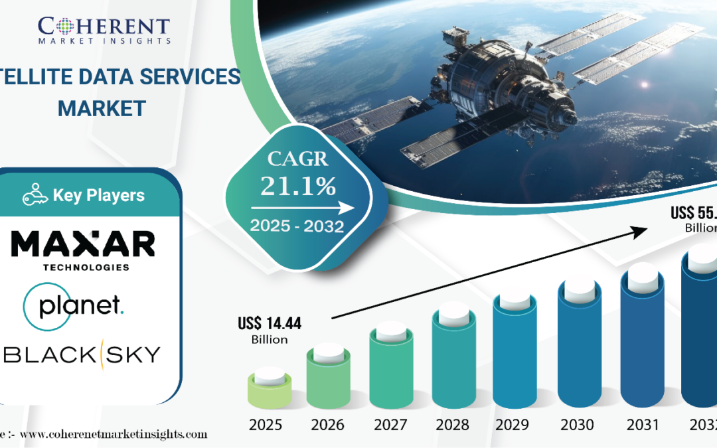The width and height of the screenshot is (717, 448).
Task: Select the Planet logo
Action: pos(73,305)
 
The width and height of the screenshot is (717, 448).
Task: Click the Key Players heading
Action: pos(98,196)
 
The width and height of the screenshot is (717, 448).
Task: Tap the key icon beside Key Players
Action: pos(35,195)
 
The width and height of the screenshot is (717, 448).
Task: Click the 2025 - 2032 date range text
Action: pos(297,226)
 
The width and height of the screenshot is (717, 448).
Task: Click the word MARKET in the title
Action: pos(102,108)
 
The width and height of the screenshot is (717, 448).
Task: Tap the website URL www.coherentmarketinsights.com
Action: pos(112,435)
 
